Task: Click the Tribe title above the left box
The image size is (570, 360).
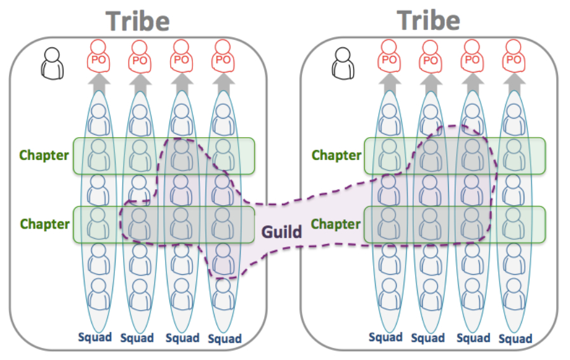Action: tap(138, 21)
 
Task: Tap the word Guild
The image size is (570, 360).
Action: tap(282, 232)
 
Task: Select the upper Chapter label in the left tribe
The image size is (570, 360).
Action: tap(44, 155)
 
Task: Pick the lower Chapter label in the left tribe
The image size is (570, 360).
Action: tap(44, 224)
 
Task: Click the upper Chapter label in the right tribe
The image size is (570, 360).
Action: tap(336, 155)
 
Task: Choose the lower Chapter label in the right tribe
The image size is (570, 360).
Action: tap(336, 224)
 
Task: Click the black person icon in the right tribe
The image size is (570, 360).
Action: tap(343, 62)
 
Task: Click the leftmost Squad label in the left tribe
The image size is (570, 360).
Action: tap(95, 337)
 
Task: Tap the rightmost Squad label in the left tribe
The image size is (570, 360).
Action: tap(224, 338)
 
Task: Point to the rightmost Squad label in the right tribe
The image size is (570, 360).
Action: tap(515, 338)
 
